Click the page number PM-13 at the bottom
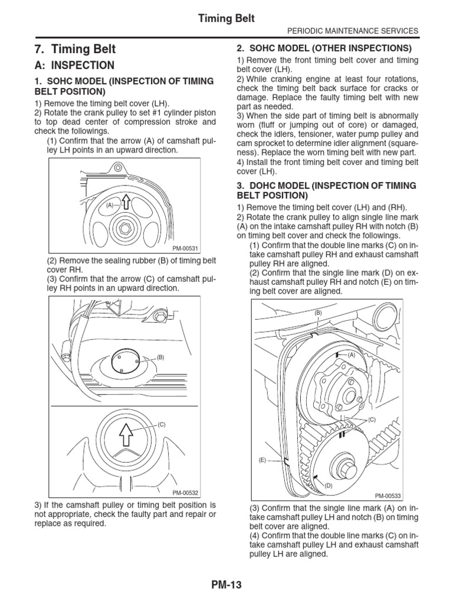pyautogui.click(x=226, y=585)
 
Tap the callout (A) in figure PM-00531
pyautogui.click(x=109, y=206)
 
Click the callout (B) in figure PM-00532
pyautogui.click(x=160, y=357)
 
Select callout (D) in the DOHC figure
pyautogui.click(x=329, y=485)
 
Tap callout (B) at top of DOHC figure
pyautogui.click(x=317, y=312)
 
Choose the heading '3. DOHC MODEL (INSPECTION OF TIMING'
pyautogui.click(x=326, y=186)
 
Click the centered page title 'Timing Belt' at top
pyautogui.click(x=226, y=18)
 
